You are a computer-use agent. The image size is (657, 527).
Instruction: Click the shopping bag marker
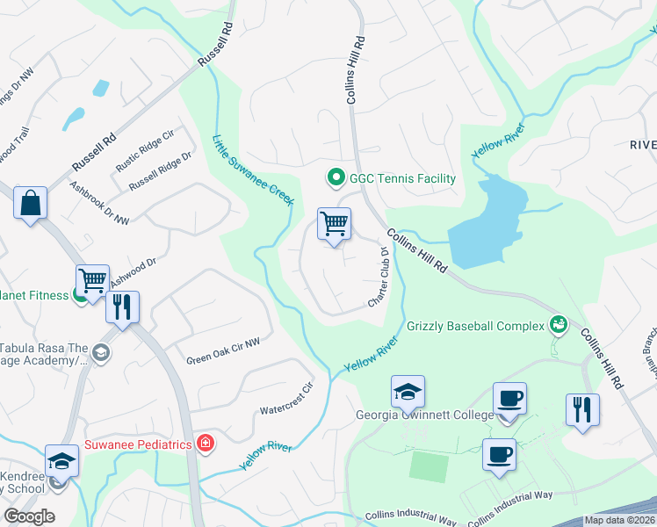pyautogui.click(x=30, y=204)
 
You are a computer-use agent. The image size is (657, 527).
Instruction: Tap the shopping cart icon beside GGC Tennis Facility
pyautogui.click(x=334, y=224)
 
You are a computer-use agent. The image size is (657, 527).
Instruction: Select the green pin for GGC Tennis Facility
pyautogui.click(x=335, y=178)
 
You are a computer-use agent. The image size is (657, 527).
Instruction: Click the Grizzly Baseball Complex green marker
pyautogui.click(x=557, y=326)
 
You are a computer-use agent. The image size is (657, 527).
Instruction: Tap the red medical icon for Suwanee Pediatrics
pyautogui.click(x=205, y=444)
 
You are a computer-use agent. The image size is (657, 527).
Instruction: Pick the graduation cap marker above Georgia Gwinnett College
pyautogui.click(x=408, y=392)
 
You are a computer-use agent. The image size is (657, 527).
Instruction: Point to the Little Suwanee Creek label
pyautogui.click(x=253, y=170)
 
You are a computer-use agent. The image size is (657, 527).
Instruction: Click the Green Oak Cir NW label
pyautogui.click(x=223, y=351)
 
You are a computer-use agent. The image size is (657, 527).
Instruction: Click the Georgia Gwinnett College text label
pyautogui.click(x=423, y=415)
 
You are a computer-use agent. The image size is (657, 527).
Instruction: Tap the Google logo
pyautogui.click(x=28, y=516)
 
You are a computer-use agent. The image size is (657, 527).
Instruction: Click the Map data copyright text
pyautogui.click(x=620, y=520)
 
